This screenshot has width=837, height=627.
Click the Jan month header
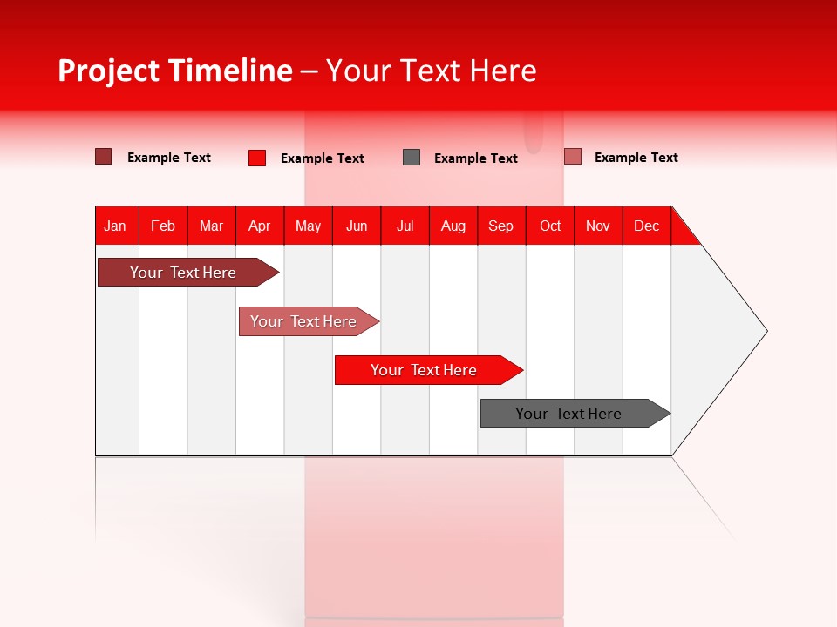coord(116,226)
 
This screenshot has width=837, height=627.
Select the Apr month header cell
coord(260,226)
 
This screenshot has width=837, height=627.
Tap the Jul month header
coord(405,226)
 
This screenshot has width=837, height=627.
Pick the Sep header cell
coord(501,226)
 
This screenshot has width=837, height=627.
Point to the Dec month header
coord(646,226)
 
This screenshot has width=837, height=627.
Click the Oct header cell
coord(550,226)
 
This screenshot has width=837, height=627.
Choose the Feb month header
coord(163,226)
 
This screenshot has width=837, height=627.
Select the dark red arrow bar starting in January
coord(183,273)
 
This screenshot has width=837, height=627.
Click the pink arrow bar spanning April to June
coord(303,321)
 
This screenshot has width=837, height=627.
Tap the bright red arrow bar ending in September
coord(424,370)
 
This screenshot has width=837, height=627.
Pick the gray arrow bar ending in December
coord(568,414)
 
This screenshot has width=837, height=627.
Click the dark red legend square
coord(103,157)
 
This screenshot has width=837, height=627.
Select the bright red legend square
coord(257,158)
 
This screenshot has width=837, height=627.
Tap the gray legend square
coord(412,157)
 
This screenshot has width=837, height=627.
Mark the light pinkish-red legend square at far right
coord(572,157)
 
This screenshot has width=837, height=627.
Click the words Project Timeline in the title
coord(175,71)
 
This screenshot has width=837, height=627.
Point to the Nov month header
coord(598,226)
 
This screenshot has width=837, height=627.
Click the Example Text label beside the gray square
coord(475,158)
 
